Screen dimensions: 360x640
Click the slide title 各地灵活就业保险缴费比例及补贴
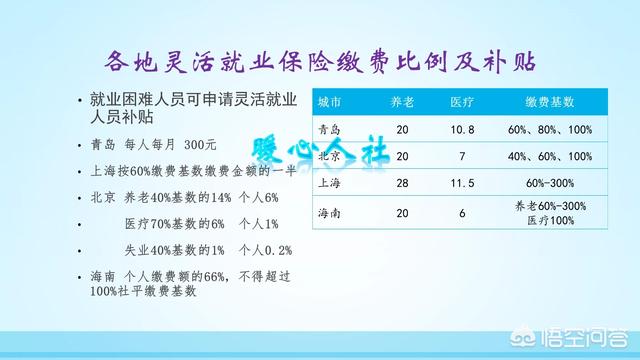point(321,62)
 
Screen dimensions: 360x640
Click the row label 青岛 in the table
point(330,130)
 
